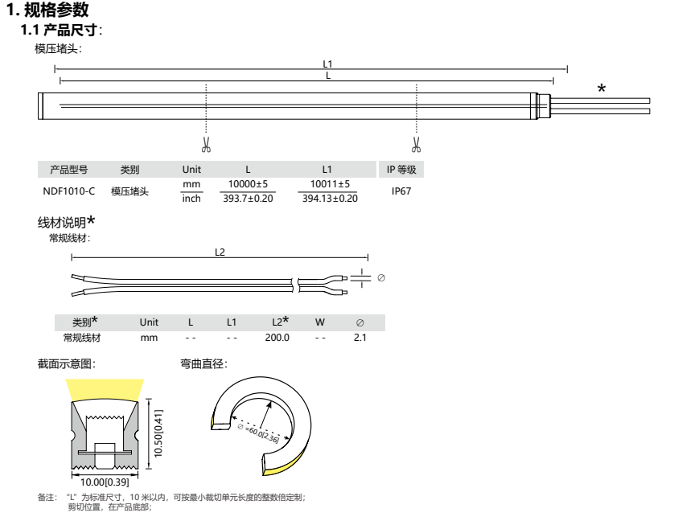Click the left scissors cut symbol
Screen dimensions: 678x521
(x=206, y=145)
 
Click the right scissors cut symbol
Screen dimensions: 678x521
(x=416, y=145)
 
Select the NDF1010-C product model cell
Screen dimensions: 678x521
(x=68, y=191)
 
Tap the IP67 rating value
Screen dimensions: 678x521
(x=401, y=191)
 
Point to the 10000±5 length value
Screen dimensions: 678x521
(x=248, y=184)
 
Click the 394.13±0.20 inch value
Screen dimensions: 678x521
(x=330, y=199)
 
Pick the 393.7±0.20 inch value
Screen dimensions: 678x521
(x=248, y=199)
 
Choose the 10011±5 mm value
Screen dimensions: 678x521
(x=330, y=184)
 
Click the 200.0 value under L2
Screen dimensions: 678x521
(x=277, y=338)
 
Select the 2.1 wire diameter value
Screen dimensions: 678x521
(x=360, y=338)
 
